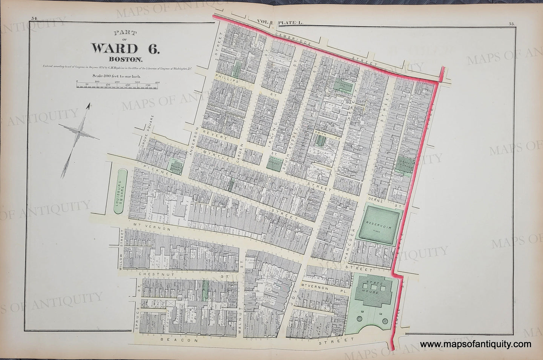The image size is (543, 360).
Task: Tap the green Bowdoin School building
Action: coord(275,163)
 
